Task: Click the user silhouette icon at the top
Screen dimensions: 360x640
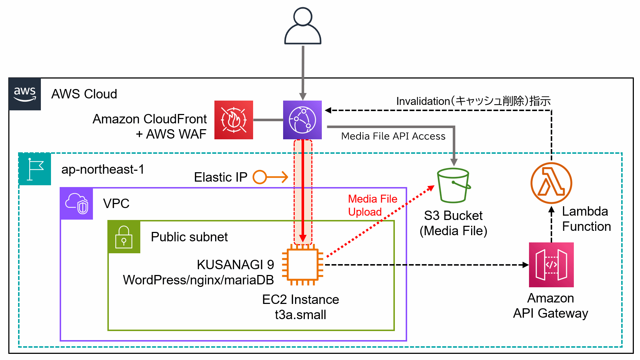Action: (303, 26)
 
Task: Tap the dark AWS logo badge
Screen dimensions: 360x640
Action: (25, 94)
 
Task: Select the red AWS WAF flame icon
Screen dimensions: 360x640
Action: (234, 120)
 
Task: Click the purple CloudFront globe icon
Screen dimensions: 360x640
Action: (302, 120)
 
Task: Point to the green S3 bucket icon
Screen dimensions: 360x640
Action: (453, 185)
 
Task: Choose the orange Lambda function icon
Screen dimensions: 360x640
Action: (551, 183)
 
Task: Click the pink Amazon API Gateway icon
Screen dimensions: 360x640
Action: (551, 265)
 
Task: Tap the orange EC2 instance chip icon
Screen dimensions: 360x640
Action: (302, 265)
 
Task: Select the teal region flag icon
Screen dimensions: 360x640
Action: (35, 169)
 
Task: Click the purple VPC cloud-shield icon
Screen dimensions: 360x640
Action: (77, 203)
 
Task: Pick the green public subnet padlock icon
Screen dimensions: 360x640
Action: (124, 237)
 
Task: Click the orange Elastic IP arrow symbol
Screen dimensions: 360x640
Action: (270, 177)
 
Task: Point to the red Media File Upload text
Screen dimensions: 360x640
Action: (372, 205)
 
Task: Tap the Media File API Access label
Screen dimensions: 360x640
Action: (393, 136)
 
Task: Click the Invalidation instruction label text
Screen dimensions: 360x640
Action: (473, 101)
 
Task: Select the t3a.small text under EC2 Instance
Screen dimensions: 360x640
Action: (300, 315)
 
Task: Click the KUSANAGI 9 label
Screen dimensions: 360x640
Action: (235, 265)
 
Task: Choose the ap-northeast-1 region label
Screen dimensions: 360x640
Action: (103, 169)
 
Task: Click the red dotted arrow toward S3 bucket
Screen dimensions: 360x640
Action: (380, 221)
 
